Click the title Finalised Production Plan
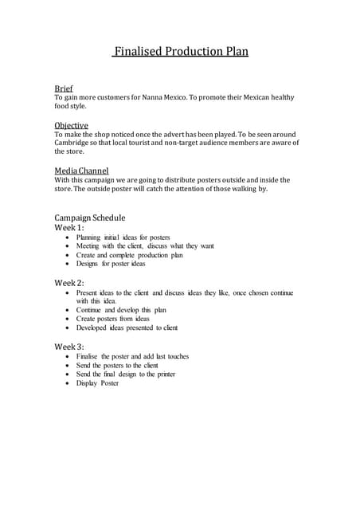(x=180, y=52)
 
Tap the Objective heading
(x=71, y=125)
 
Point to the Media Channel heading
(x=81, y=171)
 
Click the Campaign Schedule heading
(x=89, y=218)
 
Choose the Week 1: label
(x=68, y=228)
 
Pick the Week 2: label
(x=68, y=283)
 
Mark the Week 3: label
(x=68, y=347)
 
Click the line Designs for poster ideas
(x=111, y=264)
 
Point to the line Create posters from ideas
(x=113, y=319)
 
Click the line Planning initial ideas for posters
(x=123, y=237)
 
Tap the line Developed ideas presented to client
(x=127, y=328)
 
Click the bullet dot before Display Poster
(x=65, y=383)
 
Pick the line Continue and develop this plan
(x=121, y=310)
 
